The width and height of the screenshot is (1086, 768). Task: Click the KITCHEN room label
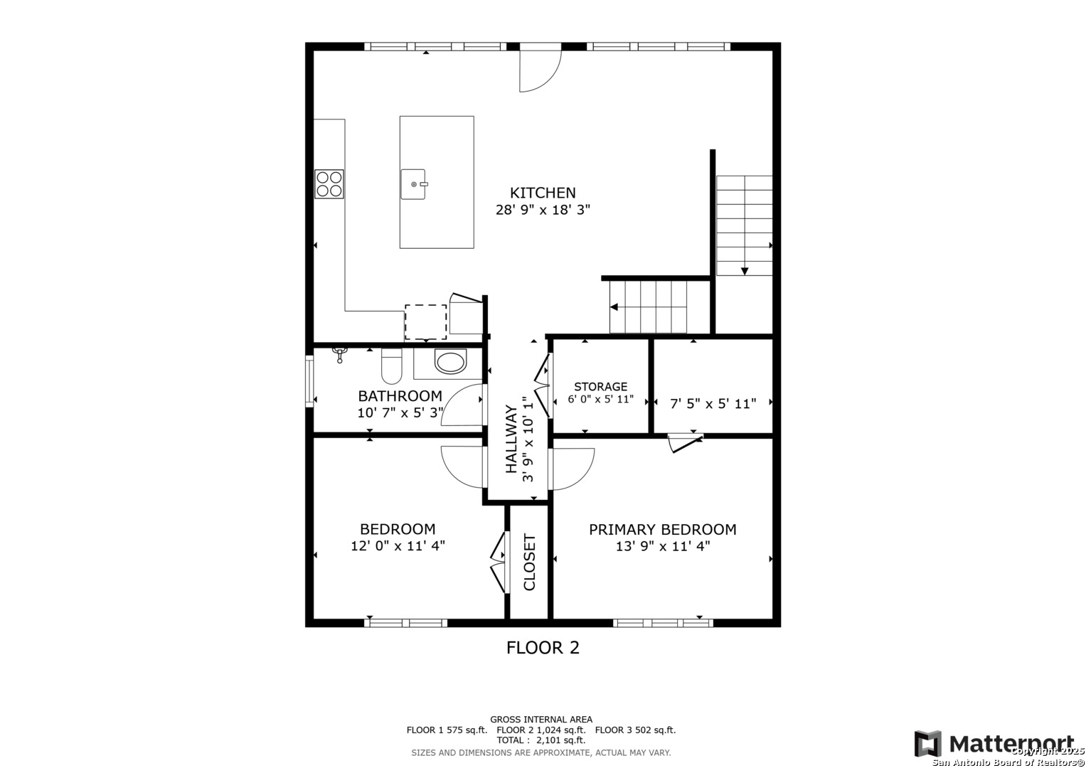point(543,193)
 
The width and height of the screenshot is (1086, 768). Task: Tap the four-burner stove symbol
point(329,183)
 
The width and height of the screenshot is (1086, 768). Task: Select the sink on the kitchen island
point(413,184)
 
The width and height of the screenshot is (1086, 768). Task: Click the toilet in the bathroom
point(392,366)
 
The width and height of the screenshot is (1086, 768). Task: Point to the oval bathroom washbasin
point(450,362)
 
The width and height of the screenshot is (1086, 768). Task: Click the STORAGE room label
point(601,386)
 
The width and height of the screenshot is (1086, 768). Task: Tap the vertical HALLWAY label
point(511,439)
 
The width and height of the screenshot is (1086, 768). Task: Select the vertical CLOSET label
point(529,562)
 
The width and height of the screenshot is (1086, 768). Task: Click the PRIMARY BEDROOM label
point(663,530)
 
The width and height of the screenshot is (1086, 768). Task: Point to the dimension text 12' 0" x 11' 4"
point(398,546)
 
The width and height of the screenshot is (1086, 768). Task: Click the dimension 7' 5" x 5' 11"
point(713,404)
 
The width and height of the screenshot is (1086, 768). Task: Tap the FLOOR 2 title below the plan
point(543,648)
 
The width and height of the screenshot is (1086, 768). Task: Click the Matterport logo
point(994,744)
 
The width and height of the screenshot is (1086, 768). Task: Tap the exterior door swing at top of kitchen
point(541,71)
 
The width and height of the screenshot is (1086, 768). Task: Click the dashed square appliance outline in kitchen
point(426,322)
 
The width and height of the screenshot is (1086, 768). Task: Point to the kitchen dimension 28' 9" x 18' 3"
point(543,210)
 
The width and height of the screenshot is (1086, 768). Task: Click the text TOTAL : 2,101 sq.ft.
point(541,740)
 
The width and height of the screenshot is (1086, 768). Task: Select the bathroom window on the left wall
point(309,381)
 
